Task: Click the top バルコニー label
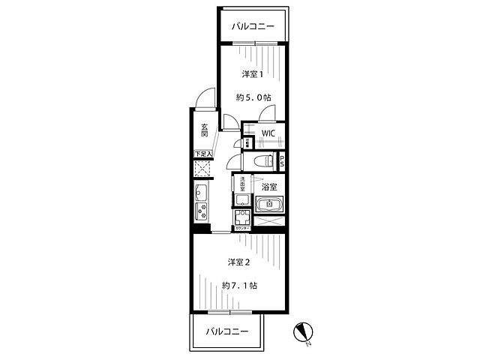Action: [x=253, y=27]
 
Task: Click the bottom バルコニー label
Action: [x=226, y=330]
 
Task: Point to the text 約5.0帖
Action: [x=252, y=97]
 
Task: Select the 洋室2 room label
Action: [x=238, y=262]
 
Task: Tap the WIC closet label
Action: [x=268, y=133]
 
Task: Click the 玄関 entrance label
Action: [x=204, y=129]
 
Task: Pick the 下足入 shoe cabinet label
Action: [x=202, y=154]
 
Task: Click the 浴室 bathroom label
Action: [x=269, y=186]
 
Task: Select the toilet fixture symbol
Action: [x=262, y=161]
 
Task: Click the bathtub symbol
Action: [x=268, y=205]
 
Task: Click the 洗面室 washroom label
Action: [x=242, y=183]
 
